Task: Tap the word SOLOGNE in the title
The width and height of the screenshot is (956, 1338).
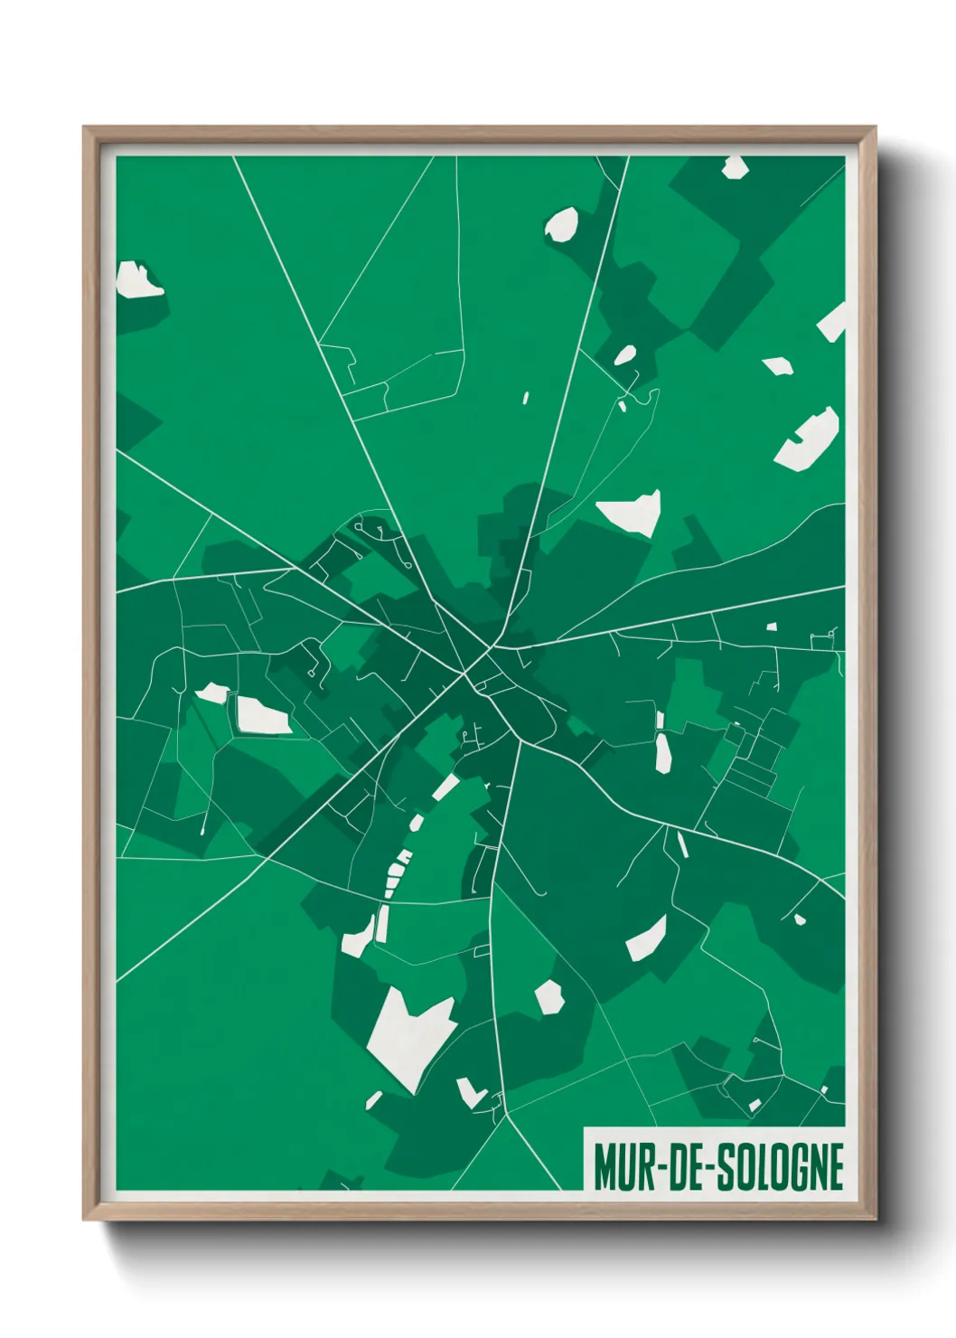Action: pyautogui.click(x=781, y=1167)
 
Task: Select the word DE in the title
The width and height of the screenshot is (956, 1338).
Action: pyautogui.click(x=687, y=1167)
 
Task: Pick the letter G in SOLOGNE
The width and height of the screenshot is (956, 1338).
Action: pyautogui.click(x=798, y=1167)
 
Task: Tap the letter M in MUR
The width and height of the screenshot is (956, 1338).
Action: pyautogui.click(x=605, y=1167)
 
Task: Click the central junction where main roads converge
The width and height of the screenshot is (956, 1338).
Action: pyautogui.click(x=493, y=647)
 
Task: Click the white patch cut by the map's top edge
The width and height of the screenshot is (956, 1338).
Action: pyautogui.click(x=734, y=166)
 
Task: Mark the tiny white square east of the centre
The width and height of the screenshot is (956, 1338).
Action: pyautogui.click(x=772, y=627)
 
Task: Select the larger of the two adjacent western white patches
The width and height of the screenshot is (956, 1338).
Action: pyautogui.click(x=261, y=716)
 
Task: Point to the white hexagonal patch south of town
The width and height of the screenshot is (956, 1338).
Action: pyautogui.click(x=549, y=997)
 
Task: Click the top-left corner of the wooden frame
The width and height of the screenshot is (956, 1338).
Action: pyautogui.click(x=84, y=127)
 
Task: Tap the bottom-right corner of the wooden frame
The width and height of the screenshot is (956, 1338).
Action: pyautogui.click(x=875, y=1219)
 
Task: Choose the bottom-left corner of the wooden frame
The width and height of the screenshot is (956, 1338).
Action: pyautogui.click(x=84, y=1219)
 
